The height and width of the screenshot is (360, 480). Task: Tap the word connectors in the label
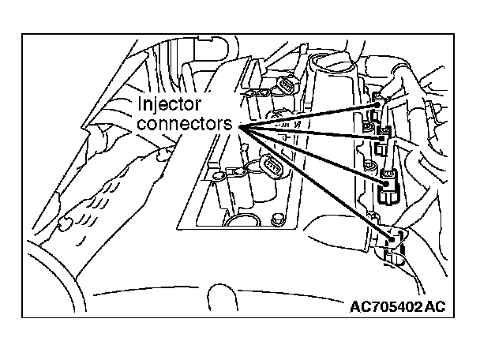[x=186, y=123]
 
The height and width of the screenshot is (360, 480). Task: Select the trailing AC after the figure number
[x=435, y=306]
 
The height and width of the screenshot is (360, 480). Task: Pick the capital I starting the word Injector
[x=141, y=104]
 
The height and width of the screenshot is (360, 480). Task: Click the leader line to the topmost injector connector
[x=308, y=114]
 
